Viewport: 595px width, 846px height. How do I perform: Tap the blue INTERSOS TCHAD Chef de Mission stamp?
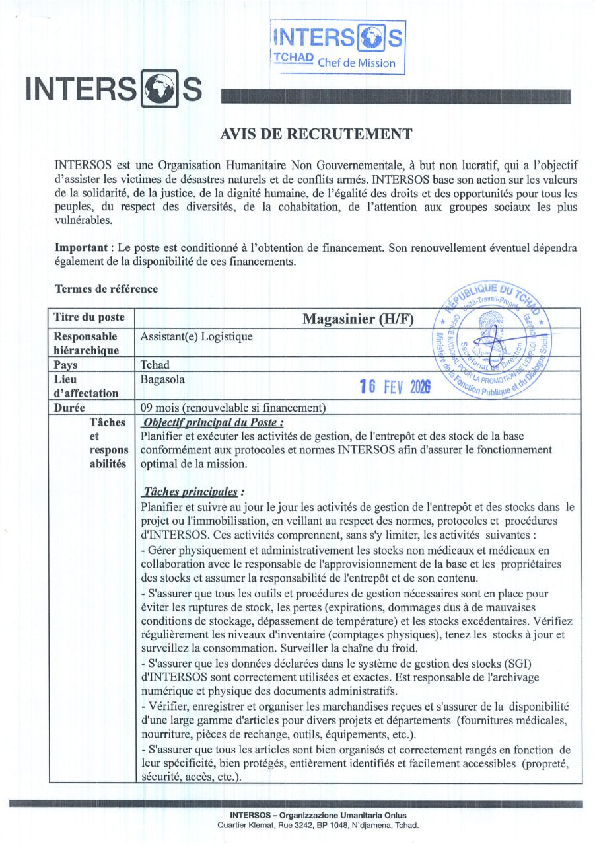pos(337,46)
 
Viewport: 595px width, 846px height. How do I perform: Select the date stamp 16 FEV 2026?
pos(394,387)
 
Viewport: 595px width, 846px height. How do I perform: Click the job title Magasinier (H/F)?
pos(358,319)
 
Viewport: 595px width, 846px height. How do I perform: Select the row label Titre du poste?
pos(88,317)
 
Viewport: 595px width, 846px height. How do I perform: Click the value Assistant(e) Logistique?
pos(197,337)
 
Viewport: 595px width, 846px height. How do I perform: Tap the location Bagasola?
pos(162,379)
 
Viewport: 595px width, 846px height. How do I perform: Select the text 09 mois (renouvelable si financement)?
pos(233,407)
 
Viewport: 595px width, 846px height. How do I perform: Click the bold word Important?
pos(83,247)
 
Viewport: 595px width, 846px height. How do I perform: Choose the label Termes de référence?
pos(106,289)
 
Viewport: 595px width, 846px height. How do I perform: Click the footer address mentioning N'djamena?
pos(318,826)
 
